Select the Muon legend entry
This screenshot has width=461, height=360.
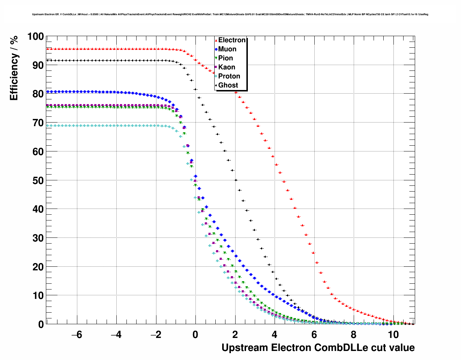(227, 49)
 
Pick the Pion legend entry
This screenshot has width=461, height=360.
(225, 58)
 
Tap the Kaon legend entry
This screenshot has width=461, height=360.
(227, 67)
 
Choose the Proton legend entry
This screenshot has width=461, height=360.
(229, 76)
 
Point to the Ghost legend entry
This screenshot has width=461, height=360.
(228, 85)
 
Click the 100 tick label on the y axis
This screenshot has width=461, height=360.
(35, 37)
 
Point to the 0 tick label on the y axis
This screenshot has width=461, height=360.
(41, 325)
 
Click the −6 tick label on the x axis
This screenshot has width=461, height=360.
(77, 335)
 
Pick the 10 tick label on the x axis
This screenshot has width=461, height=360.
(393, 335)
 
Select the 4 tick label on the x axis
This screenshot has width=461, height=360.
(275, 335)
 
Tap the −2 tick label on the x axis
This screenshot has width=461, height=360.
(156, 335)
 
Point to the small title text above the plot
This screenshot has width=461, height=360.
(230, 14)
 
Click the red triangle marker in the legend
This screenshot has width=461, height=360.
(216, 40)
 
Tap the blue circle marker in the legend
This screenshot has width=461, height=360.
(216, 49)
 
